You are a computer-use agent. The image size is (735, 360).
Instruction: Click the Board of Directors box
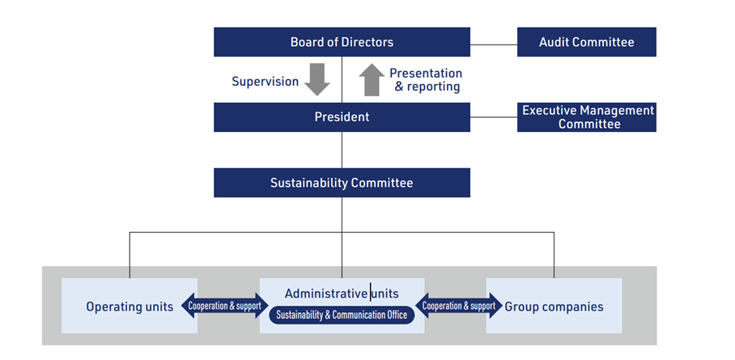point(342,42)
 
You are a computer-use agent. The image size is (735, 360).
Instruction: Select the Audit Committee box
point(586,42)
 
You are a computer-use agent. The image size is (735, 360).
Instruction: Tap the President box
point(342,117)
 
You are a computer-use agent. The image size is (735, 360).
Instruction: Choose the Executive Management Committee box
point(586,117)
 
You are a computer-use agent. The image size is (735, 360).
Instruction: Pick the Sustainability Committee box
point(342,183)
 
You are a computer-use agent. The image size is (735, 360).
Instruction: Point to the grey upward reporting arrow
point(371,80)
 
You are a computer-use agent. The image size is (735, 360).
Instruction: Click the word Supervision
point(265,81)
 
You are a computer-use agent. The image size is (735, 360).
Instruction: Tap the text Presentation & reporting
point(427,80)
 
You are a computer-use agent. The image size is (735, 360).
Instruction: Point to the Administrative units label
point(342,293)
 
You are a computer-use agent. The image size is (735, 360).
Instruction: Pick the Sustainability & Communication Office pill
point(342,315)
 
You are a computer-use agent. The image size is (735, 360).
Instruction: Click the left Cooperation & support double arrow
point(223,307)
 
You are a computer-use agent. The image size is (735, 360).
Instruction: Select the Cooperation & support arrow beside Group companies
point(458,307)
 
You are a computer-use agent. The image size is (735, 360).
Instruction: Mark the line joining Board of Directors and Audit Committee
point(493,43)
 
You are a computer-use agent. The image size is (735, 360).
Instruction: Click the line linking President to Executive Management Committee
point(493,117)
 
